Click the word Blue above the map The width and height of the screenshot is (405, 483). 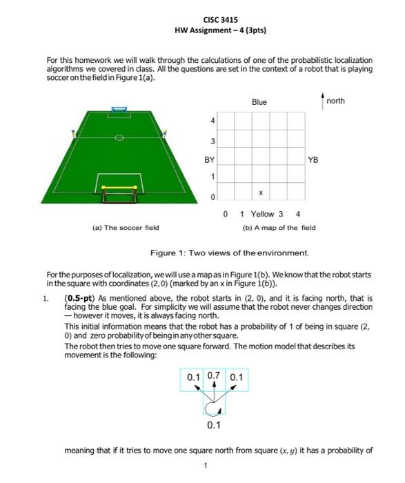point(259,102)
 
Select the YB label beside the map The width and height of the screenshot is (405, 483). point(313,159)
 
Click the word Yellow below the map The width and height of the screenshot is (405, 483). point(262,214)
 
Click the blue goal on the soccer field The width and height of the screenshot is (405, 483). point(120,110)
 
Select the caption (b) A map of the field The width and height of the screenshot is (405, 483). point(279,228)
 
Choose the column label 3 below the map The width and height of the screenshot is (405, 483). point(281,214)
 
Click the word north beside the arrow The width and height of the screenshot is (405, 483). point(336,101)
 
